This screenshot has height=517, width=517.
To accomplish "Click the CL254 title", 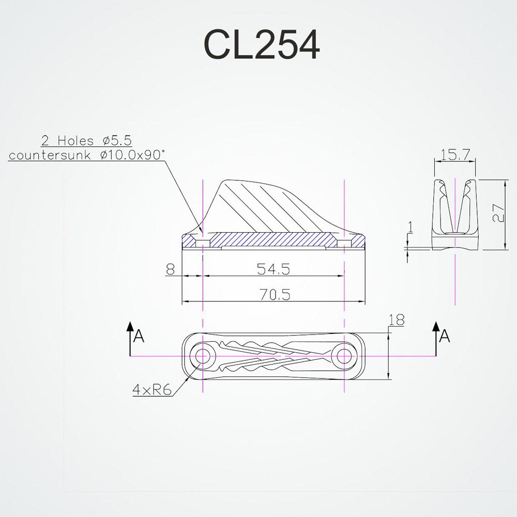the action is point(262,44).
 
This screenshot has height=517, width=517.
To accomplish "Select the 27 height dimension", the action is point(498,213).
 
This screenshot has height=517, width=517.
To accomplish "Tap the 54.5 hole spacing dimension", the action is point(273,269).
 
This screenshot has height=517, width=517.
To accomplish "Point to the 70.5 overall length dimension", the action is point(275,295).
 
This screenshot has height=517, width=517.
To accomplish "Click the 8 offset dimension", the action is point(170,269).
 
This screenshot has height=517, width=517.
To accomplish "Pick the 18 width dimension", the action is point(397,320).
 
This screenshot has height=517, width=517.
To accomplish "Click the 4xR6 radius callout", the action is point(152,390).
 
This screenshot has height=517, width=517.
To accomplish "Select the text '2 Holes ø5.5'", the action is point(86,141).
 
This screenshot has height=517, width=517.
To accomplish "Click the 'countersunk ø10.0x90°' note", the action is point(86,155).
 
